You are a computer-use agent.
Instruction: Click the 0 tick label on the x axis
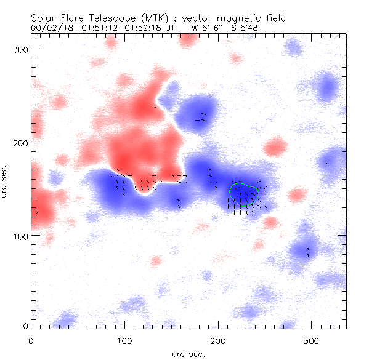(x=31, y=340)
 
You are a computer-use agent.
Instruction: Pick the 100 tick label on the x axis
(x=124, y=340)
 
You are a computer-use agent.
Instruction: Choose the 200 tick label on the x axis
(x=218, y=340)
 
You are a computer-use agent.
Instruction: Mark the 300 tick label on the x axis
(x=312, y=340)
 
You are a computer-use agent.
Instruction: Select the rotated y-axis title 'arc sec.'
(x=6, y=181)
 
